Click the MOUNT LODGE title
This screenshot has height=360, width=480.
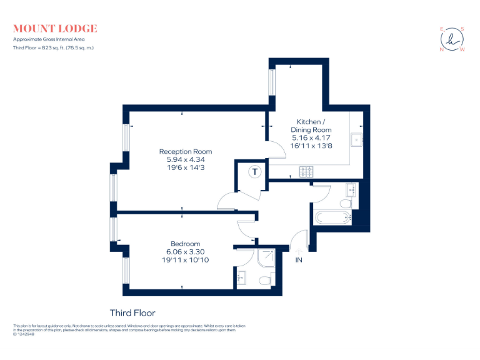(55, 29)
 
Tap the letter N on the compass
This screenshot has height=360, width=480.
(442, 49)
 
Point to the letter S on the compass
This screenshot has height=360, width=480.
(463, 28)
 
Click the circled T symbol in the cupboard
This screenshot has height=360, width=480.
(255, 172)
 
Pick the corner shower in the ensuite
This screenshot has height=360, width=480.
(264, 257)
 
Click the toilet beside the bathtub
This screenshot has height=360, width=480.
(345, 204)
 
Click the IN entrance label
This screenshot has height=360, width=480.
(299, 260)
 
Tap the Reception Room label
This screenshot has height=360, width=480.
(185, 152)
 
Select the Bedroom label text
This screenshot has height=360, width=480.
(185, 244)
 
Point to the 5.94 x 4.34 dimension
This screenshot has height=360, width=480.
(185, 160)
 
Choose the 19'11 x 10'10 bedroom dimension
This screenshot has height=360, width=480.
(185, 259)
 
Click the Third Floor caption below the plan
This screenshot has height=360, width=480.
(132, 313)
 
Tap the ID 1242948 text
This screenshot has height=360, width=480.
(24, 334)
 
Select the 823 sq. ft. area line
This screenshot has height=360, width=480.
(53, 47)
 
